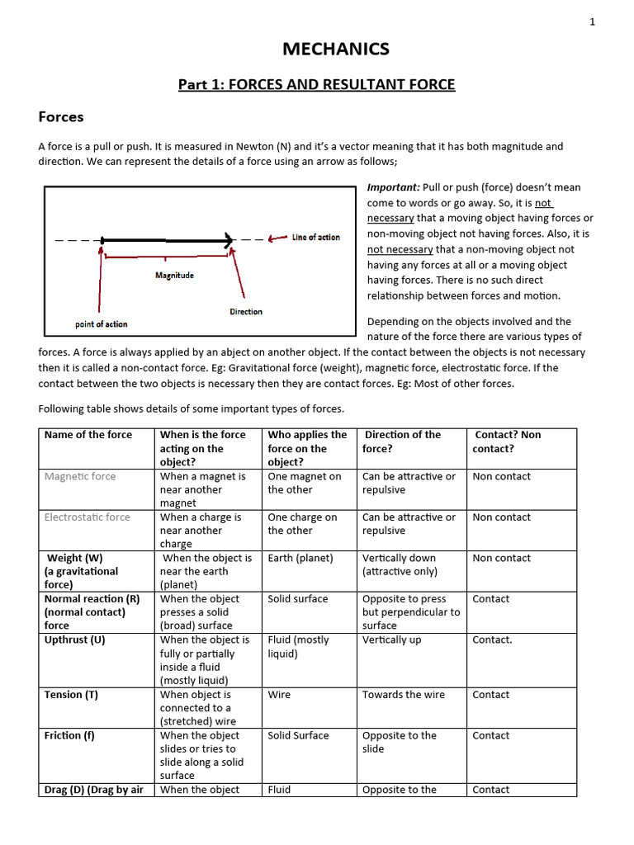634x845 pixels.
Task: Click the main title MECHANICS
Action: point(335,50)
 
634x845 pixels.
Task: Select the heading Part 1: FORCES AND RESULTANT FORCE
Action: point(317,85)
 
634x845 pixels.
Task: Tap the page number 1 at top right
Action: point(592,22)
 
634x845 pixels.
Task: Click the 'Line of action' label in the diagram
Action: point(315,238)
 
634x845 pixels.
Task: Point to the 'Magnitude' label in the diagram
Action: point(174,276)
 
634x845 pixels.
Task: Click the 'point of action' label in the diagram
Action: point(102,324)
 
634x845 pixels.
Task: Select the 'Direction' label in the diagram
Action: point(246,312)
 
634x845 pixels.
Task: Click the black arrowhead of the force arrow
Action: point(227,241)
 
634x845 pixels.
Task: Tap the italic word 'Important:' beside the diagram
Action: point(393,187)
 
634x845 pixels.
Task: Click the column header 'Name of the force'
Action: point(88,435)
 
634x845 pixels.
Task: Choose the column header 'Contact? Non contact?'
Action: point(506,441)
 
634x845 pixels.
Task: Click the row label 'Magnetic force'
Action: point(80,476)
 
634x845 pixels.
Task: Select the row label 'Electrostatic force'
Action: point(88,517)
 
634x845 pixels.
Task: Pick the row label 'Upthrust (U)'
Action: point(75,640)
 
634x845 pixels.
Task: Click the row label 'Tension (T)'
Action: point(71,695)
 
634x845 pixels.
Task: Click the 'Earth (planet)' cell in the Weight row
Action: point(300,558)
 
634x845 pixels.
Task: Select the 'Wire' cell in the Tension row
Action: point(279,695)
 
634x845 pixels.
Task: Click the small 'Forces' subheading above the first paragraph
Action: point(61,118)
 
